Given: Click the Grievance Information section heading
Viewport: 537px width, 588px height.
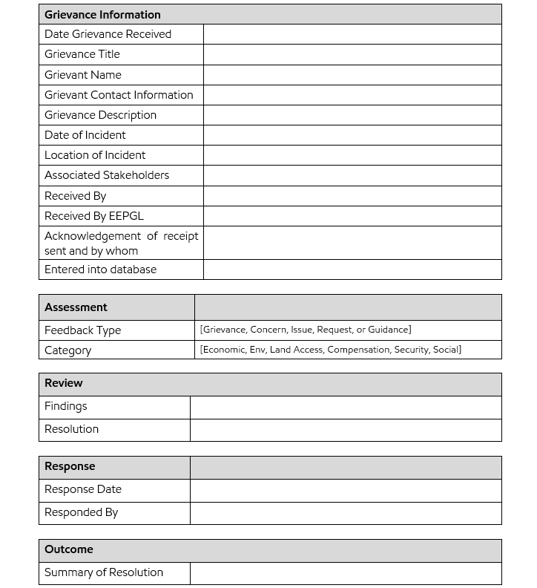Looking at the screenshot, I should click(x=102, y=14).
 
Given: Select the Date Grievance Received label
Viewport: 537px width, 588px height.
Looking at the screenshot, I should click(x=108, y=34).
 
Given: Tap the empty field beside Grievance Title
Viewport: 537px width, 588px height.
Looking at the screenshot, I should click(x=352, y=54).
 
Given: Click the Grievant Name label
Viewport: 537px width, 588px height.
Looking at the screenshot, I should click(x=82, y=74).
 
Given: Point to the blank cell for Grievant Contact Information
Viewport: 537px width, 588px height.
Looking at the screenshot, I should click(x=352, y=94).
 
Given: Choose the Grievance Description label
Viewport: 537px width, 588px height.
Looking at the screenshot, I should click(x=100, y=115).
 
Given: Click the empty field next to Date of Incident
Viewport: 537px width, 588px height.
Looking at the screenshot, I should click(x=352, y=135).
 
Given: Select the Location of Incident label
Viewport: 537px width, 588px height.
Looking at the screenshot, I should click(x=95, y=155).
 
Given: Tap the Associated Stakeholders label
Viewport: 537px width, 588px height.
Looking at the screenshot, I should click(x=107, y=175).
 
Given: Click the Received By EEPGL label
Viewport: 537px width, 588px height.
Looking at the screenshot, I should click(x=94, y=216).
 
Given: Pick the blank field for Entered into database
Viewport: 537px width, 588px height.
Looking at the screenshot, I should click(x=352, y=269).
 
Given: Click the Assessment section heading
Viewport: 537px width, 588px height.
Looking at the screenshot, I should click(x=76, y=307).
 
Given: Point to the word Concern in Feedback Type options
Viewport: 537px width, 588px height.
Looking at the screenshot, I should click(x=268, y=330).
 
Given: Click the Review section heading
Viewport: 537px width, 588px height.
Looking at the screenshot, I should click(x=64, y=383).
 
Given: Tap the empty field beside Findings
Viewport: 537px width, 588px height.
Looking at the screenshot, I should click(x=346, y=407).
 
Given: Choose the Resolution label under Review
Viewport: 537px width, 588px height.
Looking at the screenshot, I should click(x=71, y=429).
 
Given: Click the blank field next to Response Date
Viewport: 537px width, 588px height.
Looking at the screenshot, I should click(x=346, y=490).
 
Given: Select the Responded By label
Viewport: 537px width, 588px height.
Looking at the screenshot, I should click(x=81, y=512).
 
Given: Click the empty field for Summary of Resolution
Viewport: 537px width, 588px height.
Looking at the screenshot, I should click(x=346, y=572).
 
